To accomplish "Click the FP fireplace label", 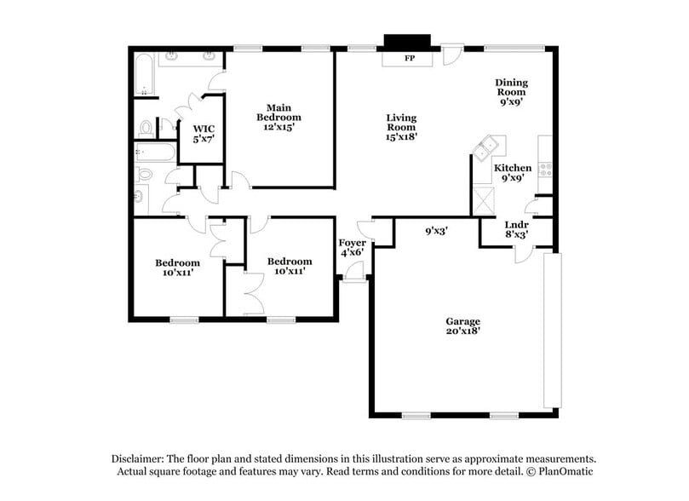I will pyautogui.click(x=408, y=59).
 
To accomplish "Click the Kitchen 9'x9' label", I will pyautogui.click(x=513, y=173).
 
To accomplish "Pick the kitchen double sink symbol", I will pyautogui.click(x=488, y=151).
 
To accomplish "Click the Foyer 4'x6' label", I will pyautogui.click(x=352, y=247).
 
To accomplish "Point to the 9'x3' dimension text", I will pyautogui.click(x=438, y=230).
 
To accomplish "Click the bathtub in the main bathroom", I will pyautogui.click(x=143, y=74).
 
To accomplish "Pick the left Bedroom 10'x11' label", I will pyautogui.click(x=177, y=268).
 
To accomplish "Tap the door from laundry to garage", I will pyautogui.click(x=522, y=253).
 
